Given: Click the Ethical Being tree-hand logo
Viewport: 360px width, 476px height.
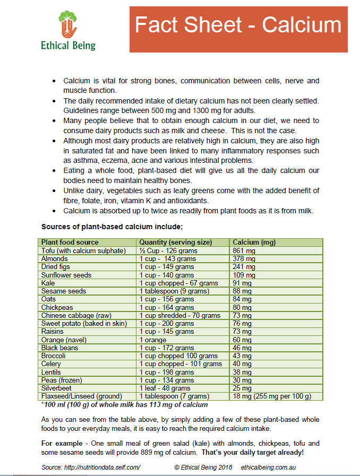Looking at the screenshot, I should point(68,24).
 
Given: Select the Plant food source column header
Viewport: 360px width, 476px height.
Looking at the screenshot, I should point(70,243).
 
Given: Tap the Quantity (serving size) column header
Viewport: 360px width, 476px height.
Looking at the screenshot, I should point(175,243).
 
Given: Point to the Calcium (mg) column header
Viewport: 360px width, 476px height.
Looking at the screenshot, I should point(254,243).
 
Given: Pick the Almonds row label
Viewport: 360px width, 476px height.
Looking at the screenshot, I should point(54,258).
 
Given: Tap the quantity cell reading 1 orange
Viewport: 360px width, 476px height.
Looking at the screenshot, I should point(153,340).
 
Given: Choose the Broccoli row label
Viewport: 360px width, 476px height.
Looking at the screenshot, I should point(54,356).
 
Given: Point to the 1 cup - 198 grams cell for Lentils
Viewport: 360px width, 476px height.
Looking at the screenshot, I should point(167,372).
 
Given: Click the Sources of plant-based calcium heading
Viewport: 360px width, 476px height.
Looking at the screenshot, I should point(112,227).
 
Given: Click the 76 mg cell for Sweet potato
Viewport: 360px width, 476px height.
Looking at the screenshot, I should point(242,323).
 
